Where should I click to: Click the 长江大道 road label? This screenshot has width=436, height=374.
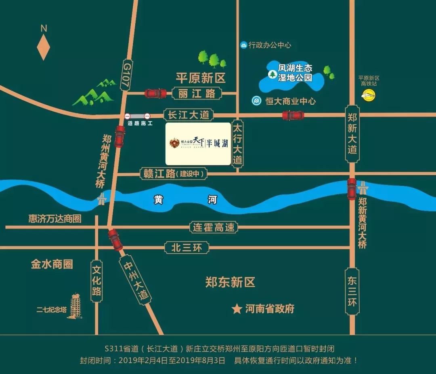click(x=188, y=115)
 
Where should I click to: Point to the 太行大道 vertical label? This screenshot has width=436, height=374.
click(x=237, y=144)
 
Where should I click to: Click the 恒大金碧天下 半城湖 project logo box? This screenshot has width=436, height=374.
click(x=198, y=144)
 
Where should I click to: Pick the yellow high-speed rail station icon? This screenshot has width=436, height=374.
click(x=368, y=95)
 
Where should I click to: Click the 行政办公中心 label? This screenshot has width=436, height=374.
click(x=270, y=45)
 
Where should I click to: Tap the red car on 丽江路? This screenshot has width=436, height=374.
click(x=155, y=93)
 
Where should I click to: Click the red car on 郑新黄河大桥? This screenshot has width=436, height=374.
click(x=352, y=189)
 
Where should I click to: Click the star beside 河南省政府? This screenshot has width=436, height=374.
click(x=236, y=309)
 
